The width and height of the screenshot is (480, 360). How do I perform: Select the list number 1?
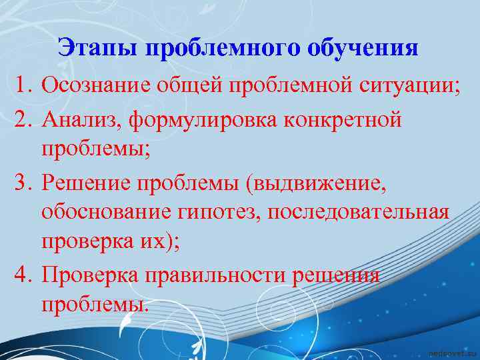pyautogui.click(x=25, y=85)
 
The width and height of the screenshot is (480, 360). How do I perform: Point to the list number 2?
pyautogui.click(x=25, y=121)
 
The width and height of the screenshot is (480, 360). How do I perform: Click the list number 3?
pyautogui.click(x=25, y=182)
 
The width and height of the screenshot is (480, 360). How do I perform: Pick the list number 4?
pyautogui.click(x=25, y=275)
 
